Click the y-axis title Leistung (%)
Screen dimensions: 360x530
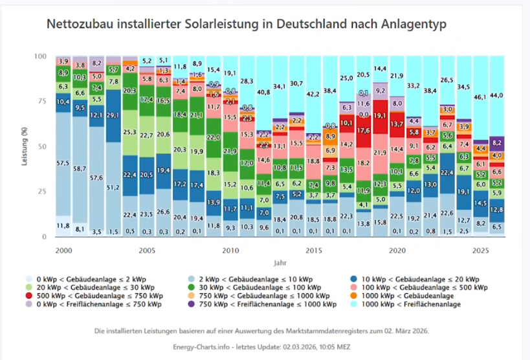(x=25, y=147)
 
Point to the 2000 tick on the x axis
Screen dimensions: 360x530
(x=63, y=249)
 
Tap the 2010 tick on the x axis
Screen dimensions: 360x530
(x=230, y=249)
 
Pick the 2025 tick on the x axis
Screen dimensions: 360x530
(x=481, y=249)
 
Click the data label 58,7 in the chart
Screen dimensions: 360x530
(x=80, y=168)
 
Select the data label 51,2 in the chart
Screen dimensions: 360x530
(x=113, y=188)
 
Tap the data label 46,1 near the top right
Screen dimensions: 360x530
(x=481, y=96)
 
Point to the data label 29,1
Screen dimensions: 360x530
(x=113, y=115)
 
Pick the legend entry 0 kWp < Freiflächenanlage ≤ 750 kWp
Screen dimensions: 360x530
(x=116, y=304)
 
